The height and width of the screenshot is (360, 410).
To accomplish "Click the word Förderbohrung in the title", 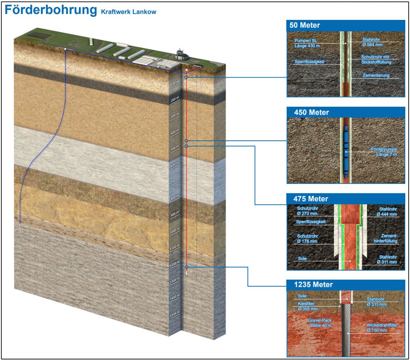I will coord(50,11).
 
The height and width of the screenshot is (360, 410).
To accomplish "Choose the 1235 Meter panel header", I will coord(308,285).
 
